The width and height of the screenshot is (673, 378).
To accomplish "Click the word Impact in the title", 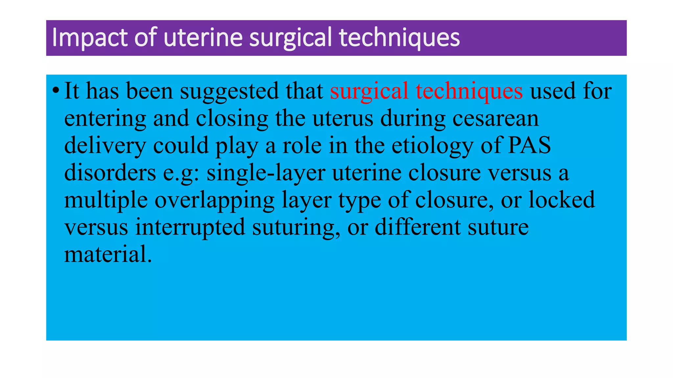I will click(x=89, y=38).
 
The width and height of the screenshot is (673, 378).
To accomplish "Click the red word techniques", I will click(x=469, y=91).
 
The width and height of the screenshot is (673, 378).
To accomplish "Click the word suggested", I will click(x=229, y=92).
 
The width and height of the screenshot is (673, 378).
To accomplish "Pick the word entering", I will click(x=105, y=119).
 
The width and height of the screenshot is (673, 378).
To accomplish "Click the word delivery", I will click(x=105, y=146).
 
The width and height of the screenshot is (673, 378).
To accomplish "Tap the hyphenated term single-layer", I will click(x=266, y=173).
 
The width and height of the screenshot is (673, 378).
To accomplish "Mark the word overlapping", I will click(x=215, y=200).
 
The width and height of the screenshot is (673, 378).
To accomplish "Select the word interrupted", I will click(x=190, y=227).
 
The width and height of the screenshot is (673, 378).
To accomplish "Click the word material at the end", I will click(x=108, y=254).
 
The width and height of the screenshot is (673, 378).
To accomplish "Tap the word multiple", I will click(x=106, y=200).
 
